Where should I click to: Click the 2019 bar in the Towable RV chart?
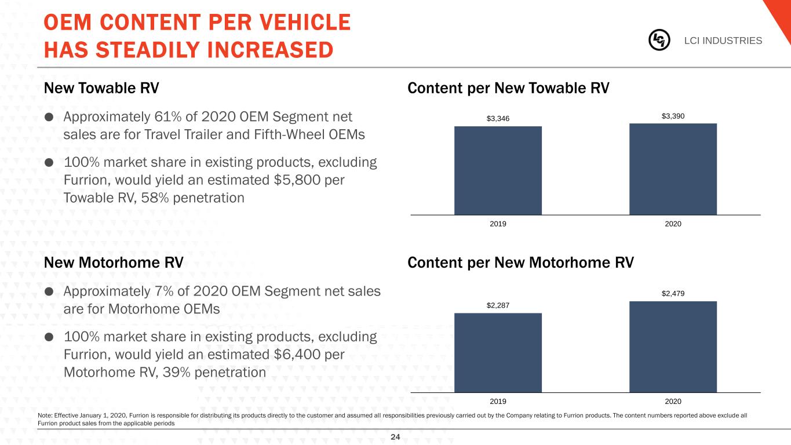click(498, 170)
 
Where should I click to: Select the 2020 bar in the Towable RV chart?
click(673, 169)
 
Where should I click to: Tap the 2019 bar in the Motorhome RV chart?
click(498, 352)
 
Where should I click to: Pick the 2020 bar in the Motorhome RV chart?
click(673, 346)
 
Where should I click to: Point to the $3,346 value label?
click(498, 119)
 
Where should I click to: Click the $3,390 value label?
click(673, 116)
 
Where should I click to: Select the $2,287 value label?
click(498, 305)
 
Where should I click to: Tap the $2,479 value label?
click(673, 294)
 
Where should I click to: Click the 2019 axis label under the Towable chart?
click(498, 224)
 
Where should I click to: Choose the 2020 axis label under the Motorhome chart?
click(673, 401)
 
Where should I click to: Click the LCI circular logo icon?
click(659, 40)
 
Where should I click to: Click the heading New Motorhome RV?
click(114, 262)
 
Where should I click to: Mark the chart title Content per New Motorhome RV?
click(521, 262)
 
